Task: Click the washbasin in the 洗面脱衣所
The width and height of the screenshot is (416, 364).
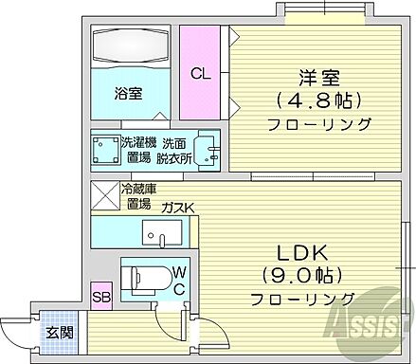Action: [210, 151]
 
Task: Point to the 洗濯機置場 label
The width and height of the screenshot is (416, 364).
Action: [138, 150]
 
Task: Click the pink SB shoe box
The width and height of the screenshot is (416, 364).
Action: [99, 295]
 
